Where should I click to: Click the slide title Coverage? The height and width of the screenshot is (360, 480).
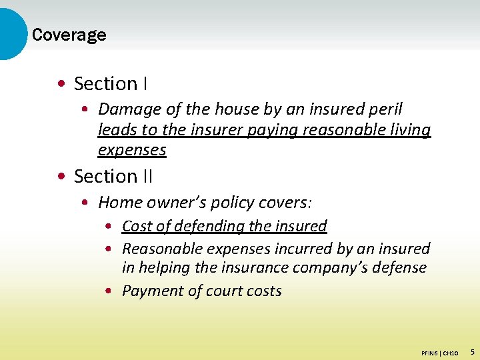69,35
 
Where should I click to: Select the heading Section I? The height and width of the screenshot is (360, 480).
111,84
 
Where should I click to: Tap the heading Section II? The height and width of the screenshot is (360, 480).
113,177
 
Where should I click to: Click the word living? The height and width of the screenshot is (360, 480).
409,129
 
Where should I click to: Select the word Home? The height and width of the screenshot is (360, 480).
117,202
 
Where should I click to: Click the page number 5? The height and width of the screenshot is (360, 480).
472,351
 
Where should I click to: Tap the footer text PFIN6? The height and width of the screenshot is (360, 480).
430,352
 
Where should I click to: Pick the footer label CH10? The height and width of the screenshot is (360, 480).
450,352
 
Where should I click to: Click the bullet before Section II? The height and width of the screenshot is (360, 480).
61,177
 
